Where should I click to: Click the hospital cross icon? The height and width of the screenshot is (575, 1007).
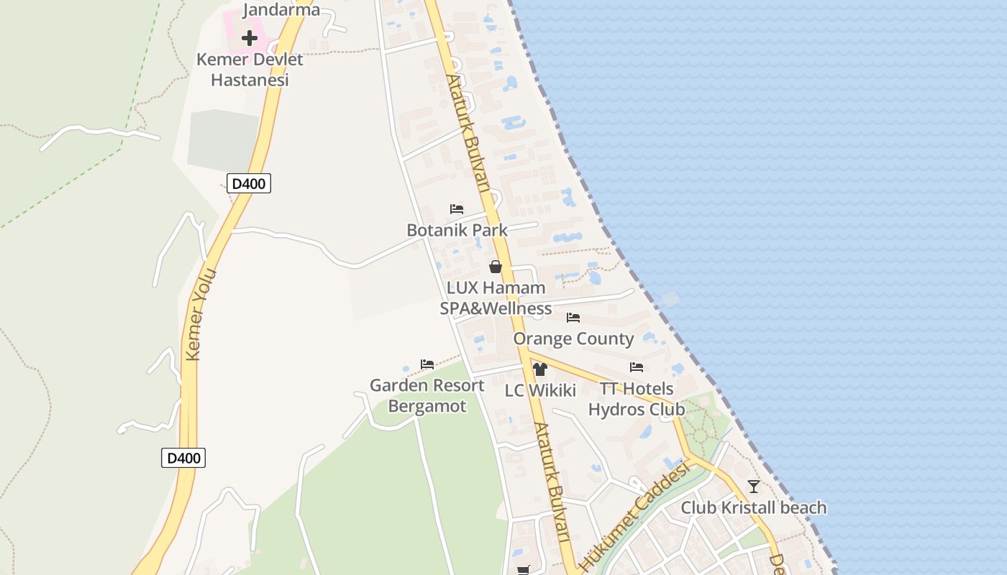[x=250, y=37]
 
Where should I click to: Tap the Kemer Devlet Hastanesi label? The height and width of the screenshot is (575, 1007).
[x=250, y=70]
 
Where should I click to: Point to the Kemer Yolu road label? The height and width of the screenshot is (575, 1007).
[x=201, y=315]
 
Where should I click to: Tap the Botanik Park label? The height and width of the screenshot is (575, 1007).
[x=457, y=231]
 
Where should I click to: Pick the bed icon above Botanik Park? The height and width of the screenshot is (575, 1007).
[x=457, y=209]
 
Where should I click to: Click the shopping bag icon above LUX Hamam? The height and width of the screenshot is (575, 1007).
[x=496, y=267]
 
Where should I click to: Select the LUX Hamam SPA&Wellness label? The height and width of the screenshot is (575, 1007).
[x=496, y=298]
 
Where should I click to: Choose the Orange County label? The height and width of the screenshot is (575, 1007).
[x=573, y=339]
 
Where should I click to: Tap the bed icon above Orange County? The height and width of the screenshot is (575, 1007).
[x=573, y=317]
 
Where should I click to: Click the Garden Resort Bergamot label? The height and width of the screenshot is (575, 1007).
[x=427, y=396]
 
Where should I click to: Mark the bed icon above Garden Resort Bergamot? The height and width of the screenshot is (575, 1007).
[x=427, y=364]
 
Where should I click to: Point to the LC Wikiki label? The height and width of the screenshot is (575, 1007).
[x=540, y=391]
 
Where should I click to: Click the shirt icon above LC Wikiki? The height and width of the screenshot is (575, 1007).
[x=540, y=369]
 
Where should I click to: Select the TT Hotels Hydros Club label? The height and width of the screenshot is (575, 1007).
[x=637, y=399]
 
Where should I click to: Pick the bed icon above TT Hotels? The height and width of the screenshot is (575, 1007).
[x=637, y=367]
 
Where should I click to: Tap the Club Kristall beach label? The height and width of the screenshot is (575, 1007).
[x=753, y=508]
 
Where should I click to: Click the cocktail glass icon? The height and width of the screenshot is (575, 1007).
[x=753, y=487]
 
